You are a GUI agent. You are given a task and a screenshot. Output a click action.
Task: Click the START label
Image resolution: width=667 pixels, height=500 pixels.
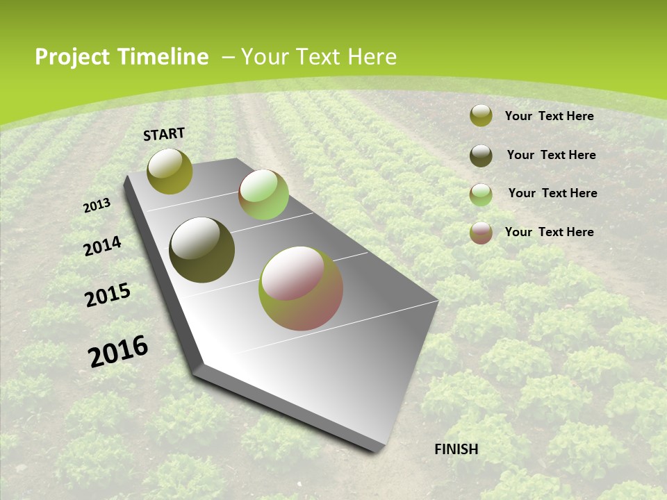point(164,134)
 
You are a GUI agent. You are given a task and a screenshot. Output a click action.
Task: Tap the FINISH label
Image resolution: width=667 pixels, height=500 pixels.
point(456,449)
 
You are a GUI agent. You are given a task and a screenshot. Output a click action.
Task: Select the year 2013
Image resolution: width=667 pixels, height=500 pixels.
point(97,205)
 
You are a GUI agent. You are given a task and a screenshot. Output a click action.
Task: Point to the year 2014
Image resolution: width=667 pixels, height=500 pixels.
point(103,246)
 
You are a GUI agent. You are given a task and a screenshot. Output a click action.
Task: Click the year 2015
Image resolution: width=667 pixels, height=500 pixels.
point(108,295)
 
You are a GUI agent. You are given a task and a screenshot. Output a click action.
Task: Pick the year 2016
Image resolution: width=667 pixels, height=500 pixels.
point(118,351)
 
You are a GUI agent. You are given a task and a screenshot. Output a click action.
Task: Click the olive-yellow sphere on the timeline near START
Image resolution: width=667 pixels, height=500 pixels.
point(170,171)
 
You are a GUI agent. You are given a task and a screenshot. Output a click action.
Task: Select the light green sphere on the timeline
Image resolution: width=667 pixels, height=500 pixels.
point(263,195)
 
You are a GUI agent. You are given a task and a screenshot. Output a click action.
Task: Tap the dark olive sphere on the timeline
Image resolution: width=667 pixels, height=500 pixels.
point(202,250)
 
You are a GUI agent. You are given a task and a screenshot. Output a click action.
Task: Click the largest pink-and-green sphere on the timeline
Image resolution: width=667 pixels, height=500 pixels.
point(301,288)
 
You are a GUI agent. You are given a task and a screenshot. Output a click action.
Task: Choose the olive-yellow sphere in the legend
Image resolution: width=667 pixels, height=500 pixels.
point(481,116)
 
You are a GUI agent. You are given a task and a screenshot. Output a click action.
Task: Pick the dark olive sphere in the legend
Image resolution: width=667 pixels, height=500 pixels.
point(481,155)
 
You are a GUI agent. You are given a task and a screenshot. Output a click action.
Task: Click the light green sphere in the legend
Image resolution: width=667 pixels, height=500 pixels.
point(481,194)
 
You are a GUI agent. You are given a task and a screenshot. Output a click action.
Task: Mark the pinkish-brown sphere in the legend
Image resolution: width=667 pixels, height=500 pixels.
point(481,232)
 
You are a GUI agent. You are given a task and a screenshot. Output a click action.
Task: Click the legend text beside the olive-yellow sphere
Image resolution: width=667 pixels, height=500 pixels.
point(549,116)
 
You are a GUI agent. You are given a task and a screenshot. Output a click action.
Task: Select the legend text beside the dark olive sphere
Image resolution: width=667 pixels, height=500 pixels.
point(551,155)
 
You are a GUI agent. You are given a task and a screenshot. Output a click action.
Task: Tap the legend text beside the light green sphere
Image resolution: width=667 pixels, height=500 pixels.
point(552,193)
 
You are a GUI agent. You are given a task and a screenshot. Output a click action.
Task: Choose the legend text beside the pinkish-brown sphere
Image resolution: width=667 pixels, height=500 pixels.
point(549,232)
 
